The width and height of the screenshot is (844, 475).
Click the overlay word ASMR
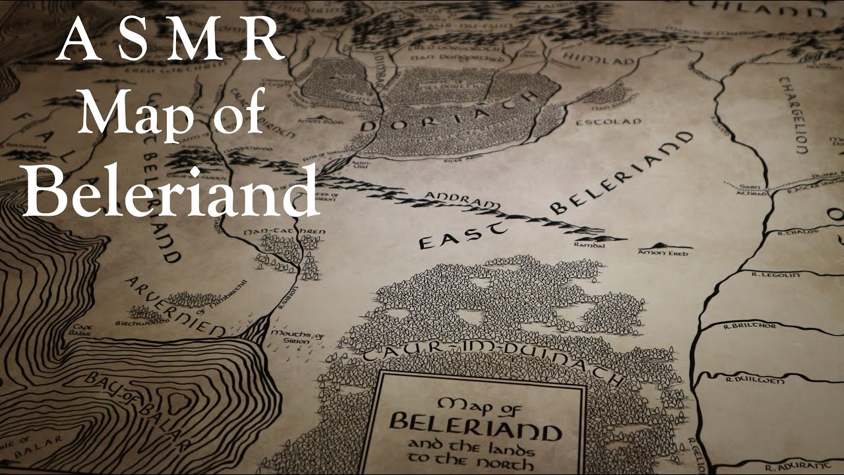point(170,41)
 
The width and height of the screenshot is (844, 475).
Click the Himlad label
point(599,61)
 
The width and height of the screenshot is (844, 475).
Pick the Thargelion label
point(791,115)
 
